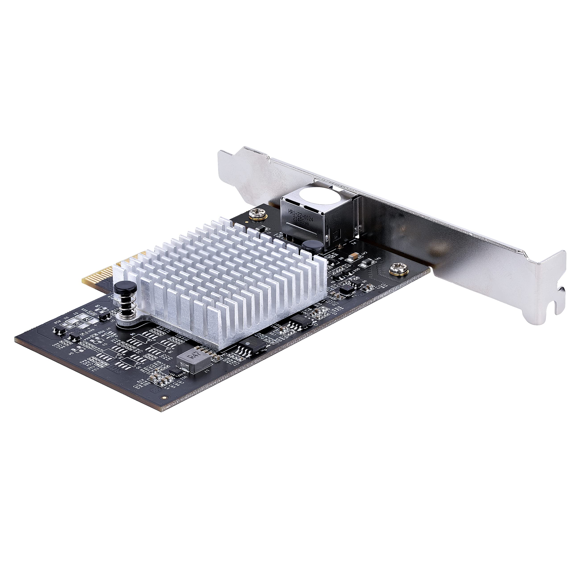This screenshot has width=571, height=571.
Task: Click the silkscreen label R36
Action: click(335, 254)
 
